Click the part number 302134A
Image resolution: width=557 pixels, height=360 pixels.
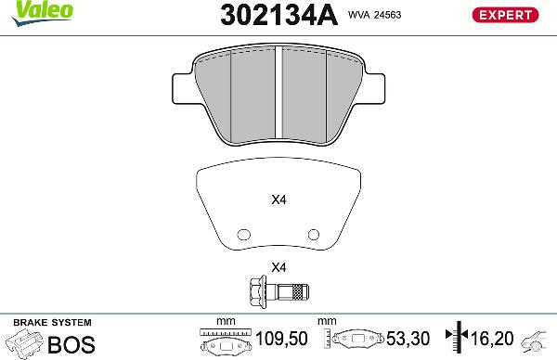click(x=277, y=15)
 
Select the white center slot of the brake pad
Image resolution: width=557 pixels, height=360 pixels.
click(x=280, y=89)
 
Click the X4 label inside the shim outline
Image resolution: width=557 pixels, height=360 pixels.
click(x=278, y=199)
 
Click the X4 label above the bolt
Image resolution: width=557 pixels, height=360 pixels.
click(x=278, y=268)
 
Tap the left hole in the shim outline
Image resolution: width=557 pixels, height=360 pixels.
click(x=245, y=234)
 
